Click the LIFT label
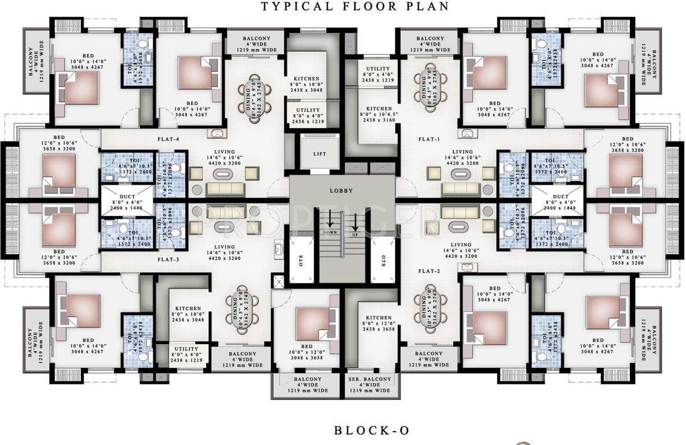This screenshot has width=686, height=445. pos(319,154)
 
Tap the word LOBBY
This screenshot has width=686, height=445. pos(342,190)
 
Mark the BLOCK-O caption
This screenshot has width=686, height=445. pos(372,430)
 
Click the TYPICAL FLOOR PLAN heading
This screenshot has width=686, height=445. pos(355,6)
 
